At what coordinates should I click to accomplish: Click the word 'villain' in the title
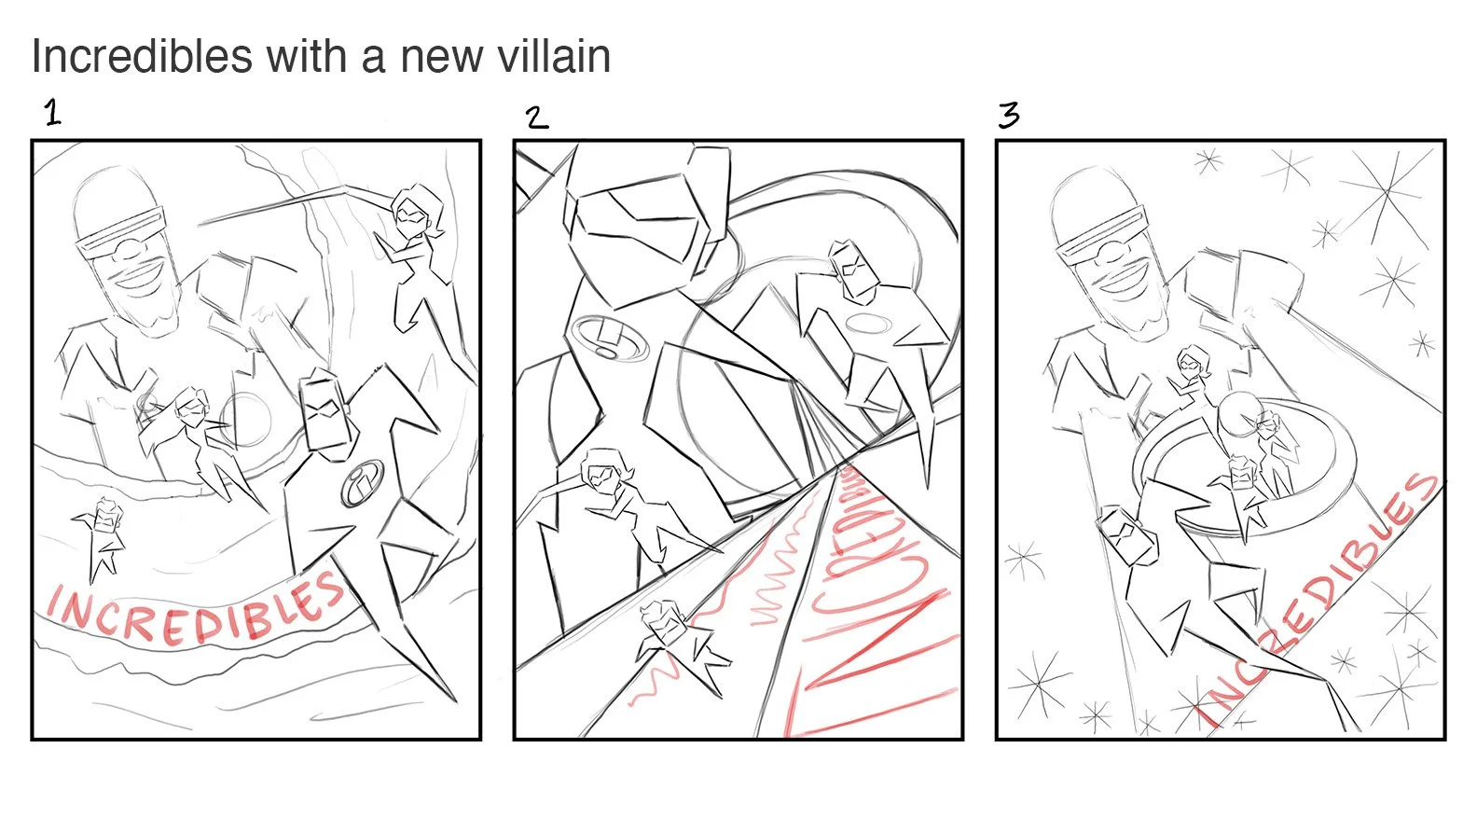pos(554,56)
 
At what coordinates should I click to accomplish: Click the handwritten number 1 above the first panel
pos(53,114)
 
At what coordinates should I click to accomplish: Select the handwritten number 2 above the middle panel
pos(536,118)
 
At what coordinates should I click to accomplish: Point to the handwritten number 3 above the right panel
pos(1009,116)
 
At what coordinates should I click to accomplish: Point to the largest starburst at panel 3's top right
pos(1387,191)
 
